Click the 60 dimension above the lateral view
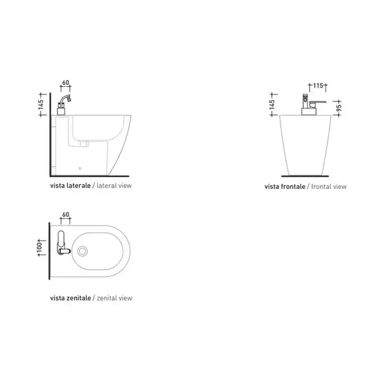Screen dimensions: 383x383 coord(66,83)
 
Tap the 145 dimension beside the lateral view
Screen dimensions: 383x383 coord(41,105)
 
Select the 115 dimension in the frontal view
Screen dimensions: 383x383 coord(318,86)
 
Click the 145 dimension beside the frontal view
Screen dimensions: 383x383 coord(272,105)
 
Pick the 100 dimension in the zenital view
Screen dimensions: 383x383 coord(40,248)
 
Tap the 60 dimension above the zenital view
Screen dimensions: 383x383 coord(66,214)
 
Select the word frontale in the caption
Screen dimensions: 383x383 coord(293,186)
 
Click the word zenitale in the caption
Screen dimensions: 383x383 coord(79,298)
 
